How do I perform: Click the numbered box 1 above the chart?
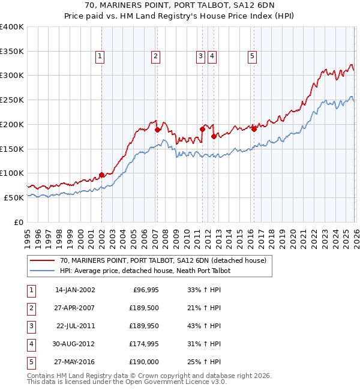(x=100, y=56)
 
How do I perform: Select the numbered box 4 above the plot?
(x=212, y=56)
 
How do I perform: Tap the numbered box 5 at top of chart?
(x=251, y=56)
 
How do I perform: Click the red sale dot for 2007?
(x=157, y=129)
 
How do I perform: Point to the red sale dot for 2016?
(x=254, y=128)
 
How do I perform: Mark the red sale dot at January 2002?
(x=101, y=175)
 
